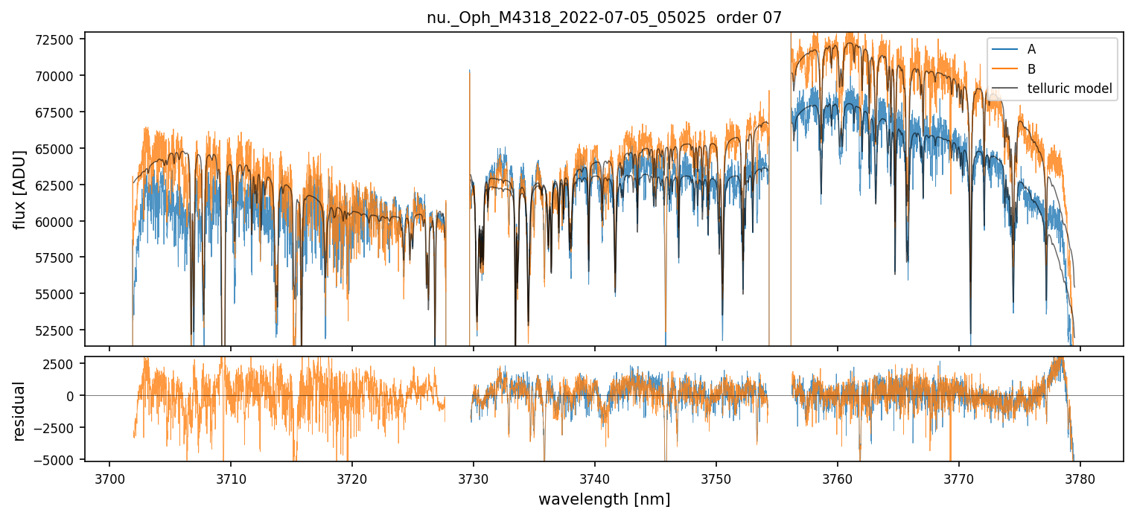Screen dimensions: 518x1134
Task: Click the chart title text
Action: click(x=604, y=18)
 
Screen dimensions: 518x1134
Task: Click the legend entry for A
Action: click(x=1031, y=49)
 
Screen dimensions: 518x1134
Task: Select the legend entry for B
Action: click(x=1031, y=69)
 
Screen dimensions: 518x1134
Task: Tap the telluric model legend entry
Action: click(x=1069, y=89)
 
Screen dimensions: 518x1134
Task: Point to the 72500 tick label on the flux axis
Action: click(x=58, y=39)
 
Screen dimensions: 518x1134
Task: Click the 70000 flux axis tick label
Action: click(x=58, y=76)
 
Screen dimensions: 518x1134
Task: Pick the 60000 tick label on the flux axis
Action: click(x=58, y=221)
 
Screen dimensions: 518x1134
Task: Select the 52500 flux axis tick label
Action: click(x=58, y=330)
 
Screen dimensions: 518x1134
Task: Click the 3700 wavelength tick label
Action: click(x=109, y=476)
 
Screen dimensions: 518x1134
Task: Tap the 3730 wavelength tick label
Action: click(x=474, y=476)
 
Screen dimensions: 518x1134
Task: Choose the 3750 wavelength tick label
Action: click(x=716, y=476)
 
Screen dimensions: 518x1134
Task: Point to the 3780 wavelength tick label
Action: click(x=1080, y=476)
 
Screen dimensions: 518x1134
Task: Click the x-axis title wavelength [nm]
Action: click(x=604, y=499)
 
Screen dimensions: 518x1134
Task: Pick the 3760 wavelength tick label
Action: click(x=838, y=476)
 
